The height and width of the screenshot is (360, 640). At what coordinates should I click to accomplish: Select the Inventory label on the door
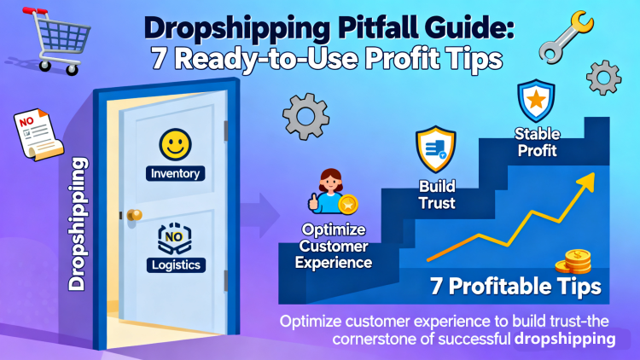(x=174, y=173)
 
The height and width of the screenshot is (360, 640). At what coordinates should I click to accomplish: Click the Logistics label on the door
(x=174, y=264)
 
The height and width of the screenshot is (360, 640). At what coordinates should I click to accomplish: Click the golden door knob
(x=133, y=215)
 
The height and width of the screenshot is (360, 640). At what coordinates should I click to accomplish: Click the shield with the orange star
(x=534, y=102)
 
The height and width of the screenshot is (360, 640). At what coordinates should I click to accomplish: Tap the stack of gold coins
(x=573, y=260)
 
